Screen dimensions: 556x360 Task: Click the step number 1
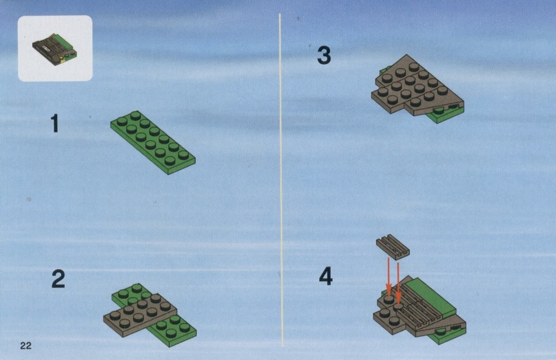click(54, 124)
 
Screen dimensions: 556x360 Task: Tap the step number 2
click(58, 279)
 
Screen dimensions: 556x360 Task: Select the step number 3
click(324, 56)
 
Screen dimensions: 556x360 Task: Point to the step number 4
click(326, 277)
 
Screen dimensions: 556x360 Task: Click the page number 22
click(26, 346)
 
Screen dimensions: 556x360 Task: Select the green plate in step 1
click(153, 142)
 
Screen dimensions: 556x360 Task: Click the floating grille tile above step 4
click(393, 245)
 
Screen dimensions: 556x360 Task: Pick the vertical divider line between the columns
click(281, 180)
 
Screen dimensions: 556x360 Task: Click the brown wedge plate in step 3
click(415, 85)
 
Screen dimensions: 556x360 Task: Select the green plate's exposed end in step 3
click(444, 115)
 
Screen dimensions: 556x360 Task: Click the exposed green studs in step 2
click(172, 327)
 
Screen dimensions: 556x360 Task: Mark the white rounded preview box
click(55, 48)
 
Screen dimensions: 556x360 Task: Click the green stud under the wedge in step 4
click(441, 332)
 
